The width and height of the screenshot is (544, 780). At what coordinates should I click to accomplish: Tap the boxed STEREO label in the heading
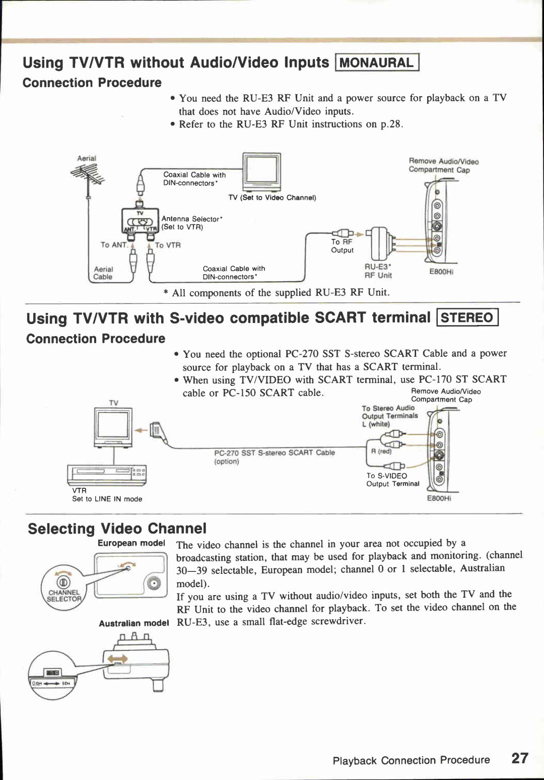[x=467, y=318]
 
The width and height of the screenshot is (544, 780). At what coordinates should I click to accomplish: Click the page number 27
[x=519, y=758]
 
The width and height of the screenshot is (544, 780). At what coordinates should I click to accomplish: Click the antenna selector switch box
[x=141, y=222]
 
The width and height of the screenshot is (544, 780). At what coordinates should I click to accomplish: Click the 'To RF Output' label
[x=342, y=246]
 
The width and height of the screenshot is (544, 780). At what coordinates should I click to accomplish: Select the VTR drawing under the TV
[x=107, y=474]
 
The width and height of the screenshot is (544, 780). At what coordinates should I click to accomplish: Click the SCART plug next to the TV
[x=157, y=431]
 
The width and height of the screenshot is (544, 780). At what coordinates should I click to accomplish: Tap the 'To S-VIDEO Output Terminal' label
[x=392, y=480]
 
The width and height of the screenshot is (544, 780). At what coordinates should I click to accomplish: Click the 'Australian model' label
[x=133, y=623]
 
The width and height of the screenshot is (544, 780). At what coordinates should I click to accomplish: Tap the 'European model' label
[x=131, y=543]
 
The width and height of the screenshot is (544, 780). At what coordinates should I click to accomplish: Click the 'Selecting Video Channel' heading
[x=117, y=529]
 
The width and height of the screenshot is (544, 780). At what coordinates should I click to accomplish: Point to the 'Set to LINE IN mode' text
[x=107, y=499]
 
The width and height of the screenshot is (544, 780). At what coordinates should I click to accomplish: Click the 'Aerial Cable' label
[x=103, y=273]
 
